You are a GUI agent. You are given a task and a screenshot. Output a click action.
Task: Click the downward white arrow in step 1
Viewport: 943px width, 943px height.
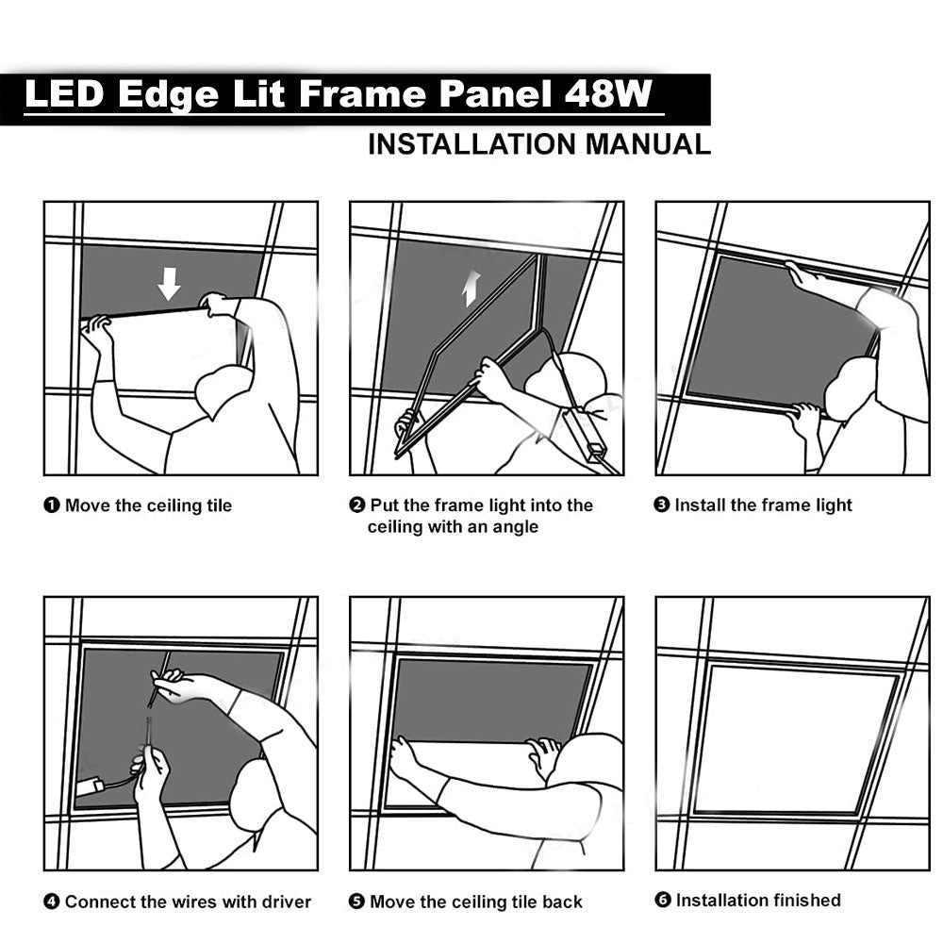170,283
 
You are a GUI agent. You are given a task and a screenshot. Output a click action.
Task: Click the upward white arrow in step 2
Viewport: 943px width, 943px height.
471,288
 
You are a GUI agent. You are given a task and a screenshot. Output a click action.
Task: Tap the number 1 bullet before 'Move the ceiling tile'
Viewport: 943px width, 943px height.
52,505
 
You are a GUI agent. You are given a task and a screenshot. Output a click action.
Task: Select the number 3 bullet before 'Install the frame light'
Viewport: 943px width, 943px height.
662,505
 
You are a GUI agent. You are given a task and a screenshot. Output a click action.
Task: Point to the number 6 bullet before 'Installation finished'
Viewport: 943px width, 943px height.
663,901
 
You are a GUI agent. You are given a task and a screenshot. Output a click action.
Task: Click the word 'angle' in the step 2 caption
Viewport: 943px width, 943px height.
513,527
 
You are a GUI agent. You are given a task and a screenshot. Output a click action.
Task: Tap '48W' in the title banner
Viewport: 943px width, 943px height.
609,96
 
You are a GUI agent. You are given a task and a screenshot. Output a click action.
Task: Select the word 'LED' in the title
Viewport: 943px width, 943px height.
61,96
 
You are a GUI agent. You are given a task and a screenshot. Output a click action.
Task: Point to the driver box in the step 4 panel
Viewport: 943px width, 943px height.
91,787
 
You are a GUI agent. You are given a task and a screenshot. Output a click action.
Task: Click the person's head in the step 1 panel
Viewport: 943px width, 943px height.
223,389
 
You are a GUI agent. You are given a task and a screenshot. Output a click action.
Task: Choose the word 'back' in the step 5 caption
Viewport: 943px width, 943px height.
561,902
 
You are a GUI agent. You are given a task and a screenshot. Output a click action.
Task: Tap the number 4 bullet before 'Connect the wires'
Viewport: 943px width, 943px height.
52,902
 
